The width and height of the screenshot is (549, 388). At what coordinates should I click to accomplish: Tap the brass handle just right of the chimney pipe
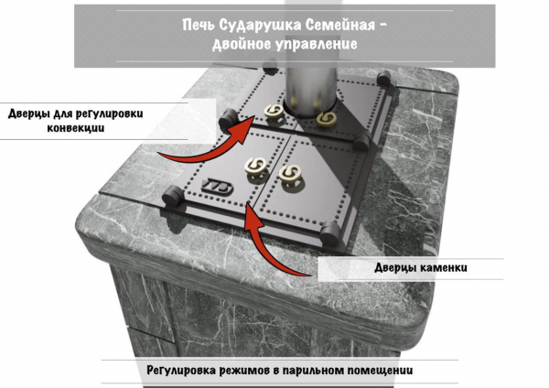(326, 119)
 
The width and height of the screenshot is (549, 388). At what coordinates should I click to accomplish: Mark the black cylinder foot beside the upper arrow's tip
(226, 118)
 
